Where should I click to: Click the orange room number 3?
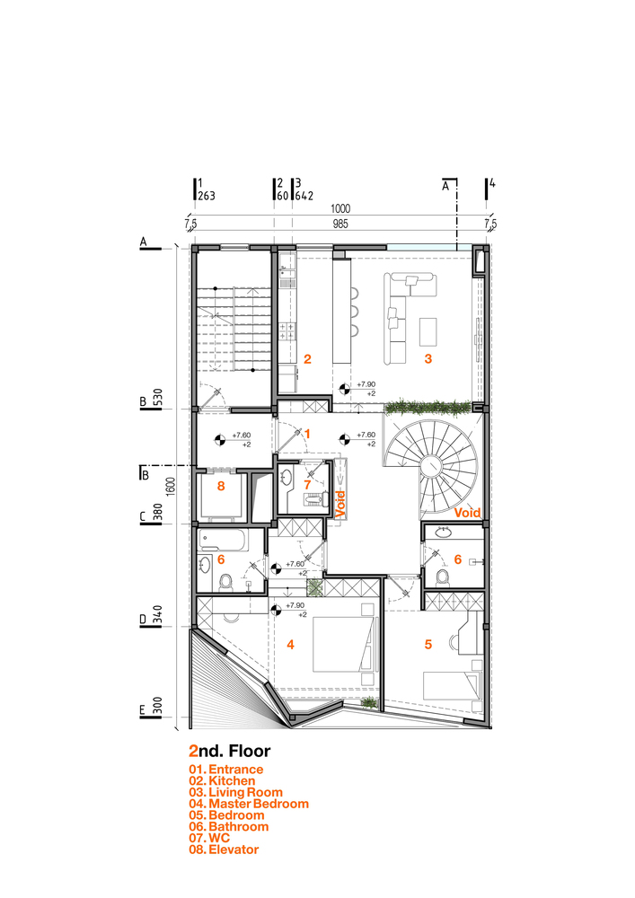coord(428,359)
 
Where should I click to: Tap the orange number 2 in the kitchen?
coord(307,359)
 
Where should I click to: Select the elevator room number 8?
coord(221,486)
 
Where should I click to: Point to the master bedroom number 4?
coord(290,645)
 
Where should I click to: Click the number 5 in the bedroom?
coord(428,645)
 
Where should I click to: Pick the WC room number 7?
coord(307,485)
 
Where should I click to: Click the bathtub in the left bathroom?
coord(224,540)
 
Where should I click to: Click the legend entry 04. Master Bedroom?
coord(249,804)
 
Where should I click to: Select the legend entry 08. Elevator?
coord(224,850)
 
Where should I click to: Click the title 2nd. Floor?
coord(230,751)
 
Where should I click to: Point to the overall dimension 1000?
coord(340,209)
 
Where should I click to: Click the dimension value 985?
coord(340,224)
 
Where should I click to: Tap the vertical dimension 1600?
coord(171,487)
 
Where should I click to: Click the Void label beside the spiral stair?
coord(467,513)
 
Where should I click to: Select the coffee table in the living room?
coord(428,331)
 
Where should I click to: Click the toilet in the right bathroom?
coord(442,577)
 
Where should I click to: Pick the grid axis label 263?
coord(207,196)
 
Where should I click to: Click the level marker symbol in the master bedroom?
coord(276,610)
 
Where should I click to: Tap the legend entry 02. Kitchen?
coord(222,780)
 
